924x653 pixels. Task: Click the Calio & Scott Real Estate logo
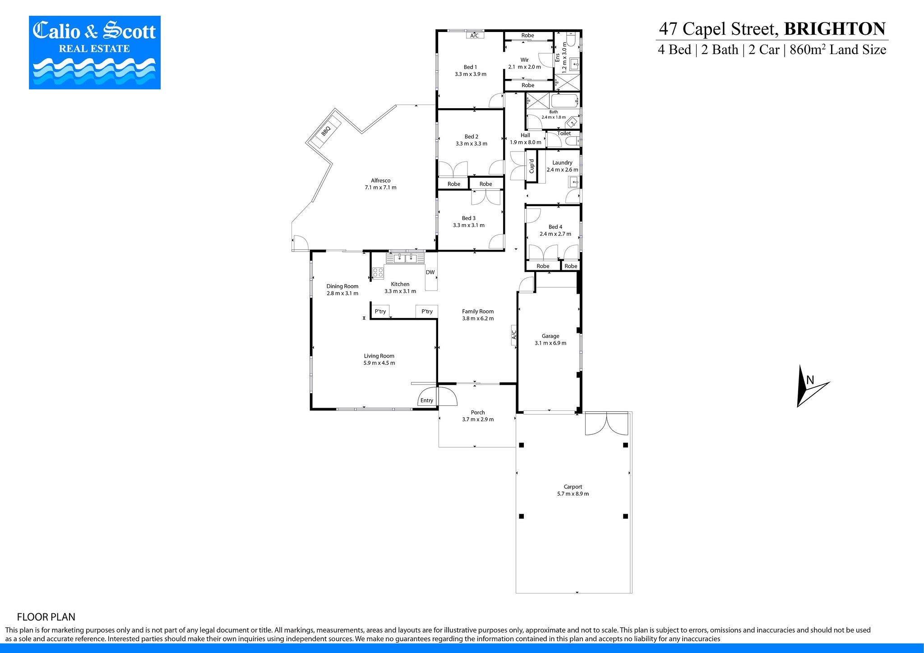click(x=95, y=52)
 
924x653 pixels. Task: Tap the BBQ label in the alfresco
click(x=326, y=131)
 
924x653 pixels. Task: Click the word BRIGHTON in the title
click(x=835, y=28)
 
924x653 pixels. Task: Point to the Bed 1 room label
click(x=470, y=67)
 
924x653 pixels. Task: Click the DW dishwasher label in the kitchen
click(x=430, y=272)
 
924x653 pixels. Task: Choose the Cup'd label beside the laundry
click(x=532, y=166)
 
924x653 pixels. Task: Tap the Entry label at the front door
click(x=427, y=400)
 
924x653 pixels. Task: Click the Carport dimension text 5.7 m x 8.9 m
click(x=573, y=494)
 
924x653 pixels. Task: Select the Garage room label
click(x=550, y=336)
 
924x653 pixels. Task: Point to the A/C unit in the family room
click(x=513, y=335)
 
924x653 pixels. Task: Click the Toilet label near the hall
click(x=564, y=133)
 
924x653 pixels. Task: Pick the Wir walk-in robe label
click(x=524, y=60)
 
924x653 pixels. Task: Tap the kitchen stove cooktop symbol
click(x=378, y=272)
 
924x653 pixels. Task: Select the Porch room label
click(x=478, y=412)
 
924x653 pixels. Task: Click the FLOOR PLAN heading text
click(x=46, y=617)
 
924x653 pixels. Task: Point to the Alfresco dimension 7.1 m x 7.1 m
click(x=381, y=188)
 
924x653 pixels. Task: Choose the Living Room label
click(x=379, y=356)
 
